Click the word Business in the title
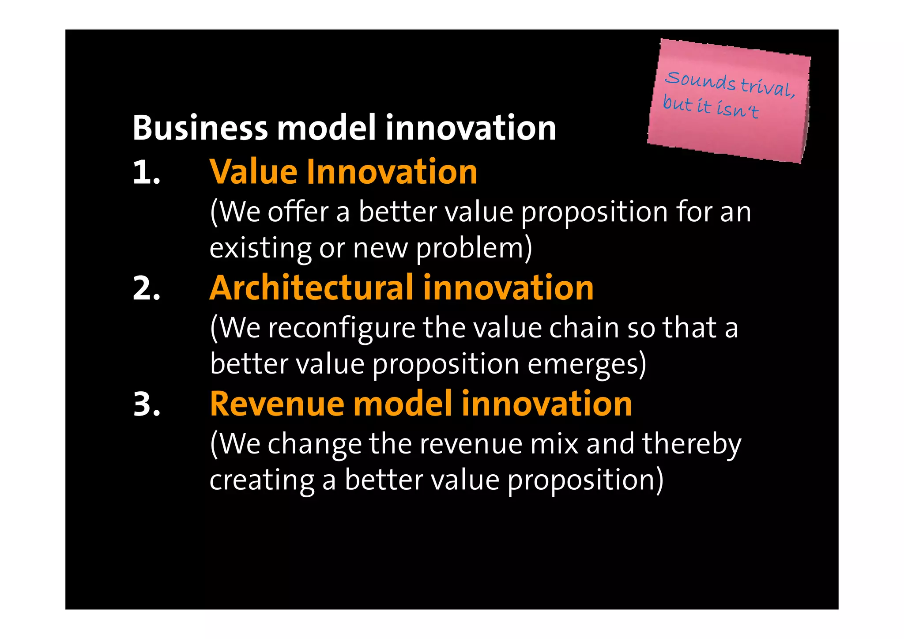200,128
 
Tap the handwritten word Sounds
700,81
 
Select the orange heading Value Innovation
343,172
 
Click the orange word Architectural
312,288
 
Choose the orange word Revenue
277,404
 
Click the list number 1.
146,172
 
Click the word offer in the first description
298,212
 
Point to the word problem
474,248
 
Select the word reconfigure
342,329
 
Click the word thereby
692,444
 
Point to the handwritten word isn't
737,109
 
